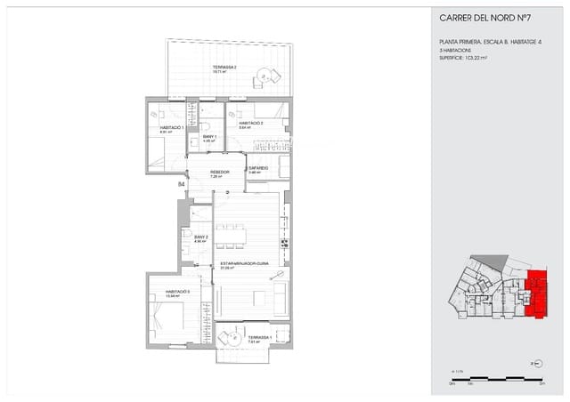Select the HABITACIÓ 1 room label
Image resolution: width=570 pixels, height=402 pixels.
171,128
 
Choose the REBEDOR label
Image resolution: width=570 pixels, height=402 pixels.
220,172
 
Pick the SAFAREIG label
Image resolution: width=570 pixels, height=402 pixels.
258,167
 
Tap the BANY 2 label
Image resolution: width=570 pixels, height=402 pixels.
200,237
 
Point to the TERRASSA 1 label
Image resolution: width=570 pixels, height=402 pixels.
260,337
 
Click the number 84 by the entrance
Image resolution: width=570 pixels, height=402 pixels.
182,184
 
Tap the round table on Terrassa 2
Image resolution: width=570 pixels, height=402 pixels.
264,76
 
